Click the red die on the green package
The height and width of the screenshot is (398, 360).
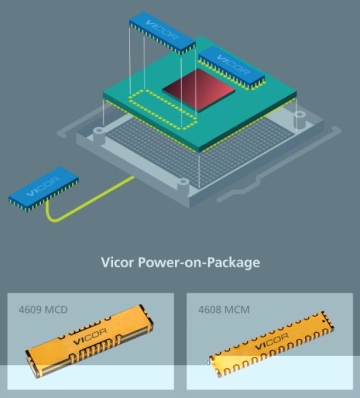[x=199, y=90]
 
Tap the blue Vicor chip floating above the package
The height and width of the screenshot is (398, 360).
[x=162, y=32]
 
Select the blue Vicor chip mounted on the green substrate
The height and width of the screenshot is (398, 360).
[x=232, y=68]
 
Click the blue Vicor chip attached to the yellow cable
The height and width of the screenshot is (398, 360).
[x=44, y=189]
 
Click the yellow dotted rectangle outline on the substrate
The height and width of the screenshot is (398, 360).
[x=162, y=109]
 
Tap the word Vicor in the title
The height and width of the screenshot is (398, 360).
[x=118, y=262]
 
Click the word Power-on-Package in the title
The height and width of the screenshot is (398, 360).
[x=199, y=263]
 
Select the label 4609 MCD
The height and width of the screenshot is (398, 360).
[x=43, y=310]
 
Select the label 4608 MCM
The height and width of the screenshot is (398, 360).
[x=224, y=310]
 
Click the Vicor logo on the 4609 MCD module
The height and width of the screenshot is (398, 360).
[x=90, y=337]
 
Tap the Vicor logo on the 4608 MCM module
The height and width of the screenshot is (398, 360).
[x=272, y=342]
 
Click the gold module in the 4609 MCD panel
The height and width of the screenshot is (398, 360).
[x=89, y=341]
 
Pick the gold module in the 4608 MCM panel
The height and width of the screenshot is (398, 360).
[x=271, y=344]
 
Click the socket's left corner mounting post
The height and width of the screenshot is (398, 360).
[x=99, y=133]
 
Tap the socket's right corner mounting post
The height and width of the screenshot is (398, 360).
[x=299, y=120]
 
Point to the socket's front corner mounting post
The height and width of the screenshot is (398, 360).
[x=184, y=187]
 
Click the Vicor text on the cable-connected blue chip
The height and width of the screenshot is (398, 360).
[x=43, y=186]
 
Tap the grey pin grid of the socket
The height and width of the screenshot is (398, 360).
[x=200, y=147]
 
